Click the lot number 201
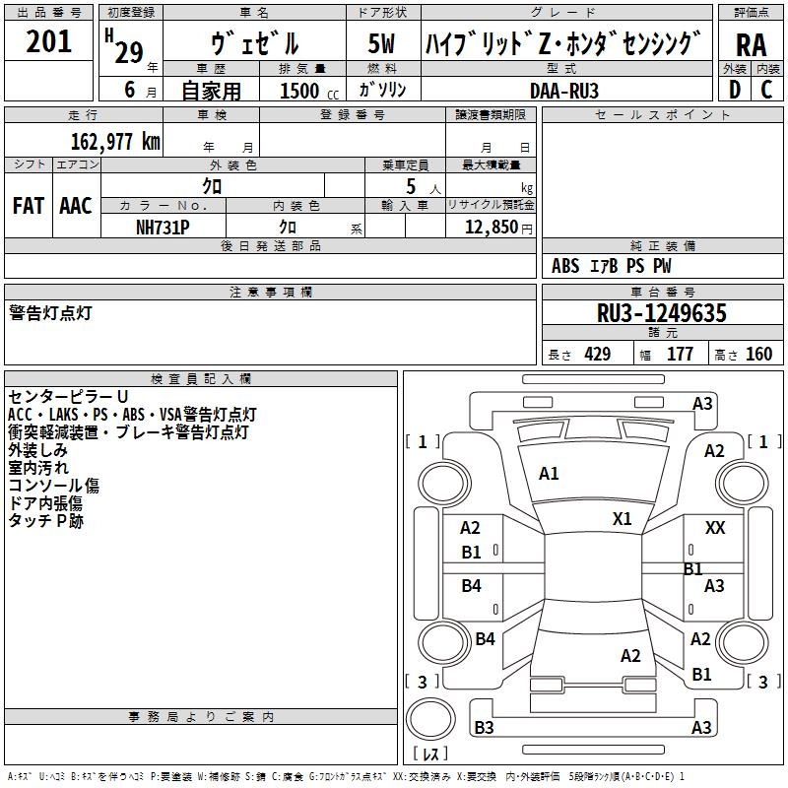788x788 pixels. point(48,41)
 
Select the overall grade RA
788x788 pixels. point(751,45)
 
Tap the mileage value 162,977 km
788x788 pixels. point(115,142)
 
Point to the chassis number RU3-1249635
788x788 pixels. point(661,313)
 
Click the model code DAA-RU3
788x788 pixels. point(563,91)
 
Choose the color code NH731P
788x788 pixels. point(163,228)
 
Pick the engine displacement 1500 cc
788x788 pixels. point(309,91)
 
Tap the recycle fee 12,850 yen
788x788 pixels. point(498,228)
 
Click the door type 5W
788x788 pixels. point(381,43)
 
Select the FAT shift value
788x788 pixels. point(29,206)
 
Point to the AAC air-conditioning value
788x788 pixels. point(76,206)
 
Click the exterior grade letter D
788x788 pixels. point(735,90)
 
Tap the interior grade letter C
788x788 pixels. point(766,90)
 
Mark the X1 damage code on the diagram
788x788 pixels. point(622,518)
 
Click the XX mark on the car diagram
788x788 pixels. point(715,528)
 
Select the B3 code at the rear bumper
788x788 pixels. point(484,727)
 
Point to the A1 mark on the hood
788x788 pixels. point(549,473)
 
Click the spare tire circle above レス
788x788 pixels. point(430,719)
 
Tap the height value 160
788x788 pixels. point(758,355)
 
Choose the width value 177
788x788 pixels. point(680,355)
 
